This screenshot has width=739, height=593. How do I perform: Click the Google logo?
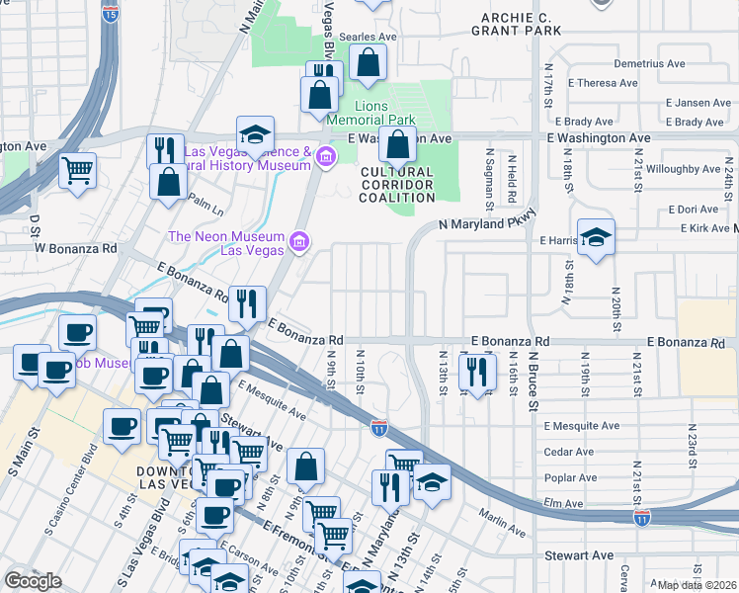(33, 581)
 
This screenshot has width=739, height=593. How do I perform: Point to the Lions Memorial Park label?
(385, 113)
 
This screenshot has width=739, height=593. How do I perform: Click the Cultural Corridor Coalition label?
(397, 185)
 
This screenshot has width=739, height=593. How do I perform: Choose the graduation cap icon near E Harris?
(596, 238)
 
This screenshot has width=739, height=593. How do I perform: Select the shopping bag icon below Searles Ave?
(369, 63)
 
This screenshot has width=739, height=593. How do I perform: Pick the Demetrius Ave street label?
(649, 63)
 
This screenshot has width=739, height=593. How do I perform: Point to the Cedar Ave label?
(569, 452)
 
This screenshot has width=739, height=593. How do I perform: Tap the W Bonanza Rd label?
(76, 247)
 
